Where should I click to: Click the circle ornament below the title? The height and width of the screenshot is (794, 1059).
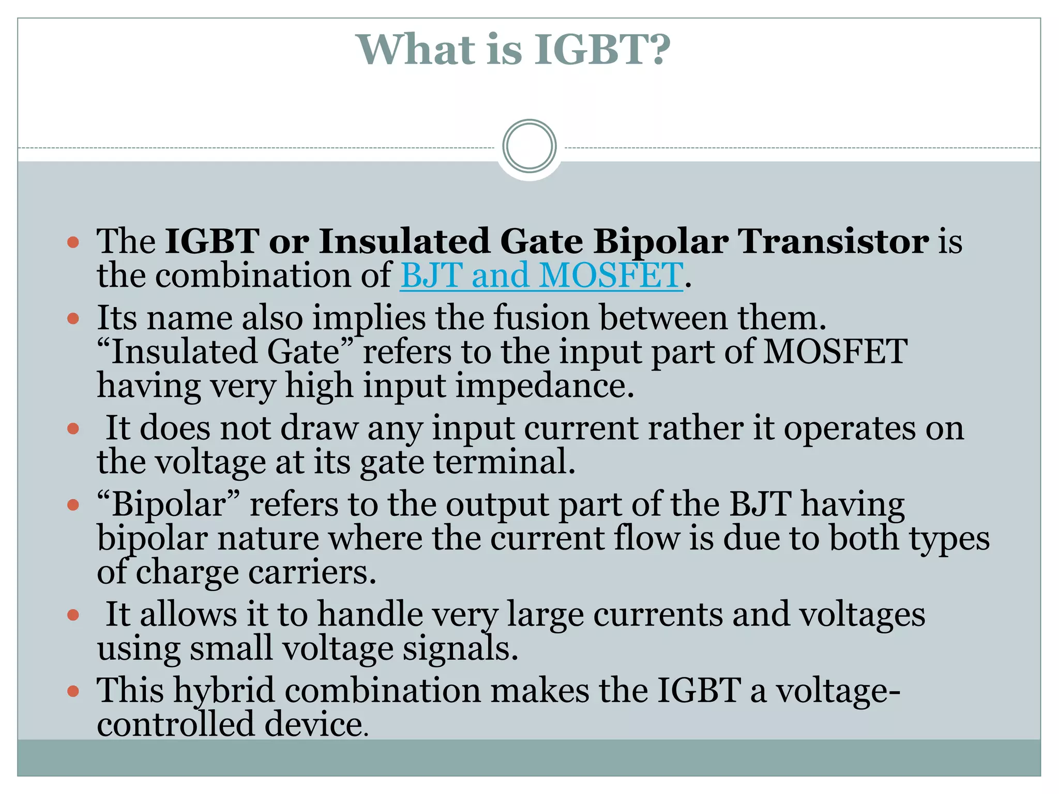coord(529,146)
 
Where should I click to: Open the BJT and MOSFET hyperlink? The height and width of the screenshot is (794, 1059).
coord(541,275)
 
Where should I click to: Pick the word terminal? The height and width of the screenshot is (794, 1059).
coord(504,462)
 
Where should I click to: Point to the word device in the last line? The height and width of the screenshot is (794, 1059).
coord(316,724)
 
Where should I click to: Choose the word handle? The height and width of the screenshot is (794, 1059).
coord(370,615)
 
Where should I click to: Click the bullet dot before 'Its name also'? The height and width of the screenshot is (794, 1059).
coord(73,318)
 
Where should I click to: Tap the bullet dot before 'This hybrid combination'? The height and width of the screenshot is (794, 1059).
coord(73,691)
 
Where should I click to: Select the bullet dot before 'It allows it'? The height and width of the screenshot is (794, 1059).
coord(73,615)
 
